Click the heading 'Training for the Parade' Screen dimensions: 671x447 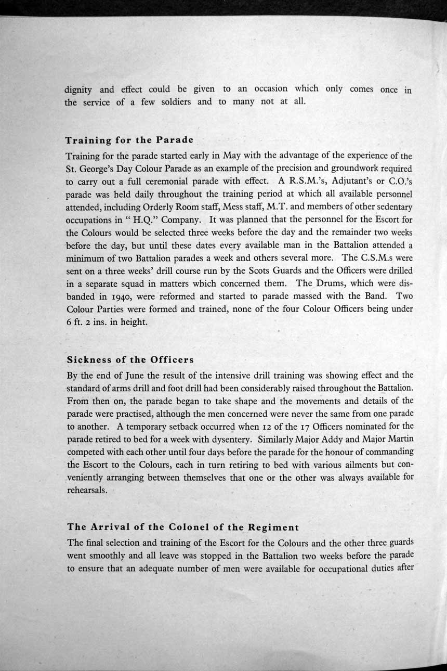[x=129, y=140]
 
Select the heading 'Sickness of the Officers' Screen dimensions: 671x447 [x=130, y=360]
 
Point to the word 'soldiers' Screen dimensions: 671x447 [x=175, y=102]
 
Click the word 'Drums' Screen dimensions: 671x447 [x=330, y=283]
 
